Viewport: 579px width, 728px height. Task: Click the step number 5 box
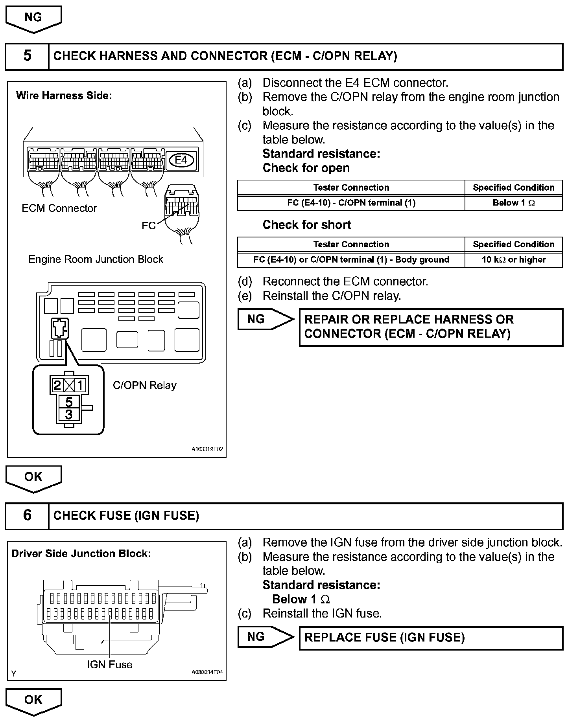coord(27,56)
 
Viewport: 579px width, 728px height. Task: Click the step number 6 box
coord(27,515)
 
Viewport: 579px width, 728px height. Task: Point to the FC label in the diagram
coord(148,226)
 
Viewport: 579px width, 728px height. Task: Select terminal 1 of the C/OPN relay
coord(80,385)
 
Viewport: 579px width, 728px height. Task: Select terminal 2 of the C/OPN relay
coord(57,385)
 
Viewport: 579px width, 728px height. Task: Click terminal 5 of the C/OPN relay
coord(69,402)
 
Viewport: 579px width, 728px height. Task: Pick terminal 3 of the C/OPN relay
coord(69,414)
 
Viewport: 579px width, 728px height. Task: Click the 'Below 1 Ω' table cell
coord(513,203)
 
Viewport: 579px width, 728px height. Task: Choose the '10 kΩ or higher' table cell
coord(513,260)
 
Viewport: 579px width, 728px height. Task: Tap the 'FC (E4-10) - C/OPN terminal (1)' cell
coord(351,203)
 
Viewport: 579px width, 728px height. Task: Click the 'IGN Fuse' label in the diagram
coord(109,664)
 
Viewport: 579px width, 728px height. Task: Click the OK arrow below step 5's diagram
coord(33,477)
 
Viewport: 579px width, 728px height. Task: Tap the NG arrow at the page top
coord(33,18)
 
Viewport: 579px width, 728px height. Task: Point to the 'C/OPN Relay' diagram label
coord(144,385)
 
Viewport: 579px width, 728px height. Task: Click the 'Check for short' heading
coord(306,225)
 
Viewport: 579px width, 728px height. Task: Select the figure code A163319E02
coord(207,449)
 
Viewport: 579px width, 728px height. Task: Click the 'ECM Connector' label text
coord(59,208)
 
